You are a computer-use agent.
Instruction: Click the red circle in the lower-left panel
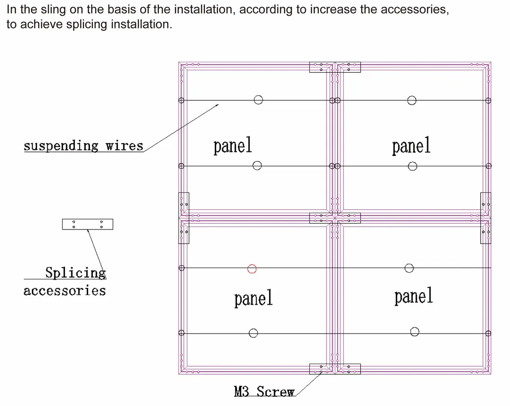coord(252,269)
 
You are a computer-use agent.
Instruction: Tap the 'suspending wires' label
coord(83,146)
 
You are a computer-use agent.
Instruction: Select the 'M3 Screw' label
coord(264,391)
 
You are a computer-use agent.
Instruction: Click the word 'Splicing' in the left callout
coord(76,273)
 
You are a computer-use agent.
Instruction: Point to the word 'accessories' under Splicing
coord(65,291)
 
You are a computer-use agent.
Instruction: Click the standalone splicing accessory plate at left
coord(88,224)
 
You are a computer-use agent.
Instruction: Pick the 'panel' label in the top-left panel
coord(233,145)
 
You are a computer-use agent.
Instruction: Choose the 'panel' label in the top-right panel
coord(411,145)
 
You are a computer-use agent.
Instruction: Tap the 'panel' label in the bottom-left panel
coord(253,298)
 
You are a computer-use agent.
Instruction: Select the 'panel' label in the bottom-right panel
coord(413,296)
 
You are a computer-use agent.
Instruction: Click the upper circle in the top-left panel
coord(259,100)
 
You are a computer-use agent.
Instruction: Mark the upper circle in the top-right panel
coord(412,100)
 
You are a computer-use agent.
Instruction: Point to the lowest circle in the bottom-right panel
coord(415,331)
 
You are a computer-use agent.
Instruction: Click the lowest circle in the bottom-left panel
coord(253,333)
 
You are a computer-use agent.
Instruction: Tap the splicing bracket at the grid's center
coord(335,218)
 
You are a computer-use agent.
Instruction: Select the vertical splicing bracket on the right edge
coord(485,218)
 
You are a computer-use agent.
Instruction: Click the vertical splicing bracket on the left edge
coord(183,218)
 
